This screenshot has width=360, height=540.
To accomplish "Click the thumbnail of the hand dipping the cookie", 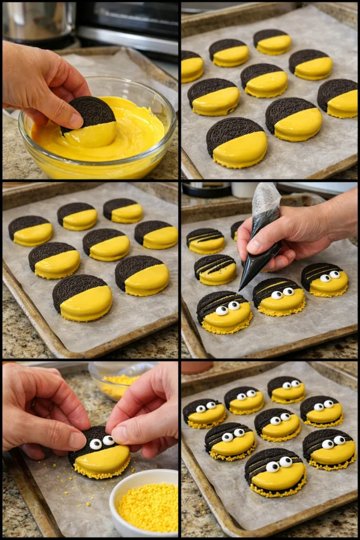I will [74, 120].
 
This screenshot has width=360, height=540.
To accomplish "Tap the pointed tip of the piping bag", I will [240, 290].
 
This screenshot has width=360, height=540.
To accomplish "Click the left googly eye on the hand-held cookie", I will [95, 444].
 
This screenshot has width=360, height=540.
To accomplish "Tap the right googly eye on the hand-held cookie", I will [108, 440].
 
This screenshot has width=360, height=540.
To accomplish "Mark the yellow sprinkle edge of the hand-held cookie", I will [103, 474].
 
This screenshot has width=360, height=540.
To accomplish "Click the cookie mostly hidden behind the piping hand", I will [236, 229].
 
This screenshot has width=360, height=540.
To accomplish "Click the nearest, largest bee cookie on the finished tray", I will [275, 472].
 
